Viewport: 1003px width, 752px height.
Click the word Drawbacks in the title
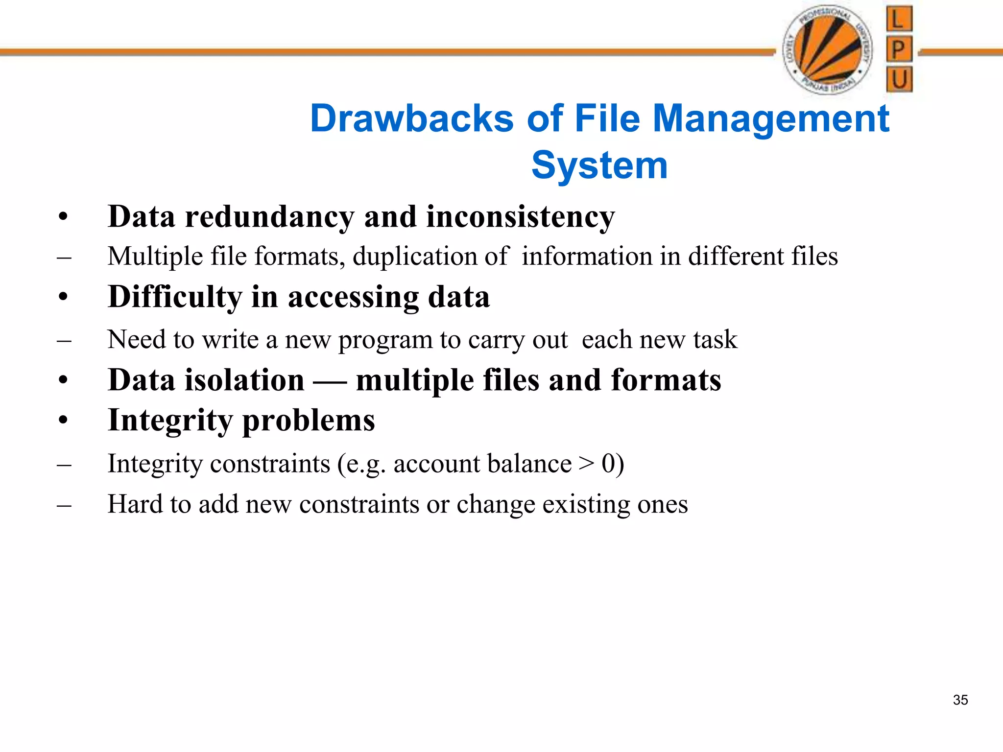tap(412, 119)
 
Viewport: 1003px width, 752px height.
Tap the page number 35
tap(960, 700)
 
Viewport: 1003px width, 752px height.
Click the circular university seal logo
tap(827, 49)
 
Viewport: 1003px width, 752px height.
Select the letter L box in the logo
tap(899, 19)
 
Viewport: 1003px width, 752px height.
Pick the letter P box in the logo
tap(899, 49)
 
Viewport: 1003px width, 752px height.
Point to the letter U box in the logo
tap(899, 79)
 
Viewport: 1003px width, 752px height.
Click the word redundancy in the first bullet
tap(269, 217)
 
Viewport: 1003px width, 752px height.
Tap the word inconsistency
tap(520, 217)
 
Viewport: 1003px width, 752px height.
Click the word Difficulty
tap(175, 298)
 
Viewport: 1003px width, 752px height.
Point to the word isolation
tap(244, 380)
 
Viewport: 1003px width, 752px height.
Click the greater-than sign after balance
tap(586, 463)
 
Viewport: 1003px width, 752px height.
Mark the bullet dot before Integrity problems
tap(63, 421)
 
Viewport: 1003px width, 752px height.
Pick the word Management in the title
tap(771, 119)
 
